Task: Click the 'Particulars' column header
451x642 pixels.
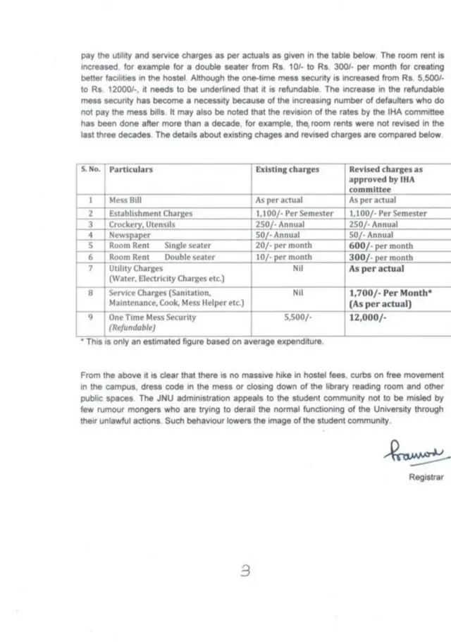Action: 131,169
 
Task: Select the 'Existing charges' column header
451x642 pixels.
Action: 287,169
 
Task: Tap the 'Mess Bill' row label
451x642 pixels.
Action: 125,200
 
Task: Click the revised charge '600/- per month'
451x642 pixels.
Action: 381,246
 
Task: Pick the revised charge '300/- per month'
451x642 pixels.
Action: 381,258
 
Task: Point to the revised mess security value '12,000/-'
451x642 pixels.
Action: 367,317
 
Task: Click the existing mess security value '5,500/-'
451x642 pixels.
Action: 297,317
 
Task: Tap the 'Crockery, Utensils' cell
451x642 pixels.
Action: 142,224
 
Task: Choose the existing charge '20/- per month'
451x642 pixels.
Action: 283,246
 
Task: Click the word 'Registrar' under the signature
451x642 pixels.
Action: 426,477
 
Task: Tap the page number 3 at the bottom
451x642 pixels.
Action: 245,573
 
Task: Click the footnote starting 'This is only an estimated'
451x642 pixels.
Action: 202,341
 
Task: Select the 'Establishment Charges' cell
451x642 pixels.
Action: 150,212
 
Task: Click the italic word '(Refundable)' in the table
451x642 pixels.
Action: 132,328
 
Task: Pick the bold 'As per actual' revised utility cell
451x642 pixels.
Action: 377,269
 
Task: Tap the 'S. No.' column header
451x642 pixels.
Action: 90,169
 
